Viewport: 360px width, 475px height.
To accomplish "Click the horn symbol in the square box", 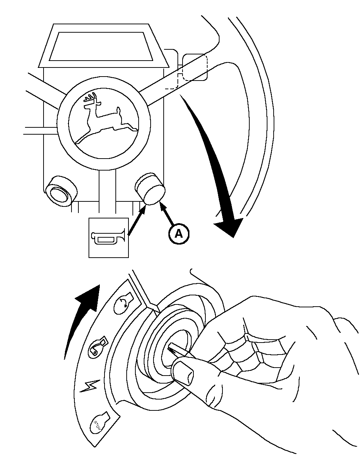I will click(x=109, y=238).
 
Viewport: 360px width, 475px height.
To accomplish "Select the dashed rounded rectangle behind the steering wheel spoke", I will click(x=195, y=67).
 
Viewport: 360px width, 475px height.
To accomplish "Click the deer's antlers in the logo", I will click(x=91, y=99).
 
